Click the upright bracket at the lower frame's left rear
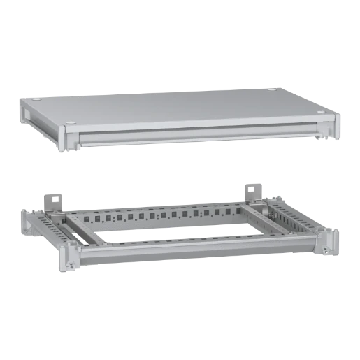pyautogui.click(x=57, y=200)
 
